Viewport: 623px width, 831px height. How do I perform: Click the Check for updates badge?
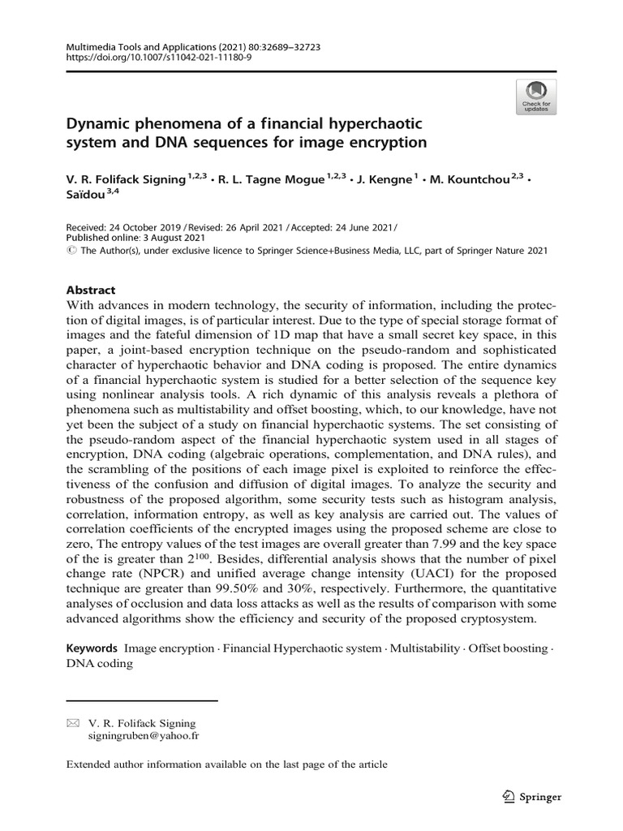click(x=536, y=97)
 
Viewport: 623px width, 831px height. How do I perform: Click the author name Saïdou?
click(x=85, y=196)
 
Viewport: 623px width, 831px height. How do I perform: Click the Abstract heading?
click(x=90, y=290)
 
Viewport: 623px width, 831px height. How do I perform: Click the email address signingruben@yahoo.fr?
click(x=144, y=736)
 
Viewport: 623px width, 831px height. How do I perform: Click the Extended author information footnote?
click(x=226, y=764)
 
